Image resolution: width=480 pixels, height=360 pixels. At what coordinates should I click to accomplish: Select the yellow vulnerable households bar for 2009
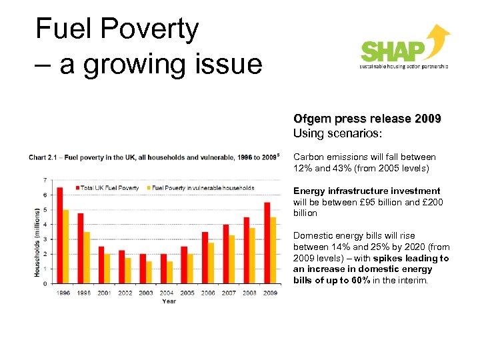(x=273, y=251)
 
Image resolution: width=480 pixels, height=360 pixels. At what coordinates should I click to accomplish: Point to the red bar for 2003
(x=142, y=269)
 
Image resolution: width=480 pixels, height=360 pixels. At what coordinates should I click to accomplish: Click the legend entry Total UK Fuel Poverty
(x=109, y=188)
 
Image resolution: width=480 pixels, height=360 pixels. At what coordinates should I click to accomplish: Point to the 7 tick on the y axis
(x=45, y=180)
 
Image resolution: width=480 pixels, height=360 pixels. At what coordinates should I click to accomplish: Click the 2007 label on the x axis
(x=229, y=293)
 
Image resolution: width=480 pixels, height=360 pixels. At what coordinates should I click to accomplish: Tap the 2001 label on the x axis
(x=104, y=293)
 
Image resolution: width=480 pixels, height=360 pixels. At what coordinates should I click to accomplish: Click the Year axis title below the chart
(x=169, y=301)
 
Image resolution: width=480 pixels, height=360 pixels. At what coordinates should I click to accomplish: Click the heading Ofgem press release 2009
(x=367, y=119)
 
